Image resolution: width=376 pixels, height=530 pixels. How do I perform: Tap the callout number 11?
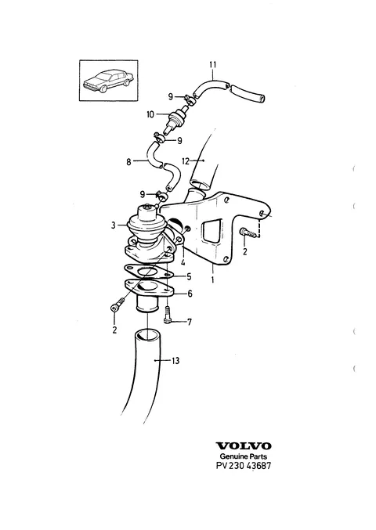point(213,64)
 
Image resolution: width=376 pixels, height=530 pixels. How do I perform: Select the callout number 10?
point(150,114)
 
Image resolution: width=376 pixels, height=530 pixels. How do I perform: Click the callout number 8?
point(128,162)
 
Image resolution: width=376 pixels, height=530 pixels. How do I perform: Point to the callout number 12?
point(186,161)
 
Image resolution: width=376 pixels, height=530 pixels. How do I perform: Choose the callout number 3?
point(114,225)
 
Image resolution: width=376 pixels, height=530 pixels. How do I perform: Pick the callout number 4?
point(183,262)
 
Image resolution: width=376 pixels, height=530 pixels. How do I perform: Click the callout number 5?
point(189,276)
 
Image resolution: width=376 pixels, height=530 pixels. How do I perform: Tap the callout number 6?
point(190,294)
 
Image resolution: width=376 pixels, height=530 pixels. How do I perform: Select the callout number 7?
point(190,322)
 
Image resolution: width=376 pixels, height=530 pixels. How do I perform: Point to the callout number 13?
point(175,361)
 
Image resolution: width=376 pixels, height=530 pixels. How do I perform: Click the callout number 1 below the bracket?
point(212,279)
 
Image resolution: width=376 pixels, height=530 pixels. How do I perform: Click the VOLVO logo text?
point(244,446)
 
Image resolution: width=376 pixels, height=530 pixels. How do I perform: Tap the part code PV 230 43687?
point(244,466)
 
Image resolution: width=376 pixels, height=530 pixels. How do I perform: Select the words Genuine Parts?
point(244,456)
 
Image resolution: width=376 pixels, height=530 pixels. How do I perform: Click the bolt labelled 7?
point(168,315)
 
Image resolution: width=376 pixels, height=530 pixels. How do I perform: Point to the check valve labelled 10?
point(175,120)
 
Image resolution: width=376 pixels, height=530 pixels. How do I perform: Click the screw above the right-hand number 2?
point(248,233)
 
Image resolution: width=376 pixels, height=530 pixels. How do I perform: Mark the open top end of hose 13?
point(148,336)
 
